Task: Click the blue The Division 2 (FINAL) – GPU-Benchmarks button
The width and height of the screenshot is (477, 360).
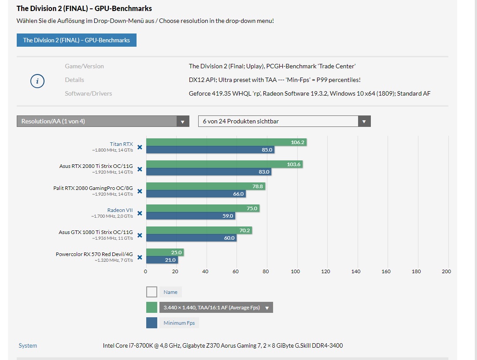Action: [x=76, y=40]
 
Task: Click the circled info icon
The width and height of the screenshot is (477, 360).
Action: [x=37, y=81]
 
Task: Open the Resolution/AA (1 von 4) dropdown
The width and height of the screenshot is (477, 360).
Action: [x=103, y=121]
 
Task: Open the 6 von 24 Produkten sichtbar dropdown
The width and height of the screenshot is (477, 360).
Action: [x=284, y=121]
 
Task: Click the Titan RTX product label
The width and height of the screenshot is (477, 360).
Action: [x=121, y=144]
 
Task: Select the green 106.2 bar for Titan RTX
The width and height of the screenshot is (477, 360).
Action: [x=226, y=142]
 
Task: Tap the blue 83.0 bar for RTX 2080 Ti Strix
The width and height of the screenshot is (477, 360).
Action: [x=208, y=172]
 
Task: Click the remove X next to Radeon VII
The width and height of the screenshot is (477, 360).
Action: [x=140, y=213]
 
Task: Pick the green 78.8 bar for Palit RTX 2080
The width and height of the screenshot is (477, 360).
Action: [x=205, y=186]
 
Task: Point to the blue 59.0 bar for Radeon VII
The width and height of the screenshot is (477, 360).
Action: [x=190, y=216]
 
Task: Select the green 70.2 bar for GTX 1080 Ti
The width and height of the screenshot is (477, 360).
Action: [x=199, y=230]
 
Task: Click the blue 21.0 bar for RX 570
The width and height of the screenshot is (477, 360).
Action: [x=161, y=260]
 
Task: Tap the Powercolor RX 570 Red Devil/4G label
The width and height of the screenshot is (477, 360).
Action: [x=94, y=254]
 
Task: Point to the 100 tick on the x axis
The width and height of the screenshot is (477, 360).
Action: [x=296, y=271]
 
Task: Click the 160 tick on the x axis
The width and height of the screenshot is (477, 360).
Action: [x=386, y=271]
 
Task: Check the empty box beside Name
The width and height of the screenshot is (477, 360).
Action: [x=152, y=292]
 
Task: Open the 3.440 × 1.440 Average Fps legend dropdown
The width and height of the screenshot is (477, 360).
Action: [x=216, y=308]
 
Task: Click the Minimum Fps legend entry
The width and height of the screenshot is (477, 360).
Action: [x=179, y=323]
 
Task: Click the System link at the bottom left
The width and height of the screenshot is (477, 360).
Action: [x=28, y=345]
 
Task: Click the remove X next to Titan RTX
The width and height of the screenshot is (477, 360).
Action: [x=140, y=147]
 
